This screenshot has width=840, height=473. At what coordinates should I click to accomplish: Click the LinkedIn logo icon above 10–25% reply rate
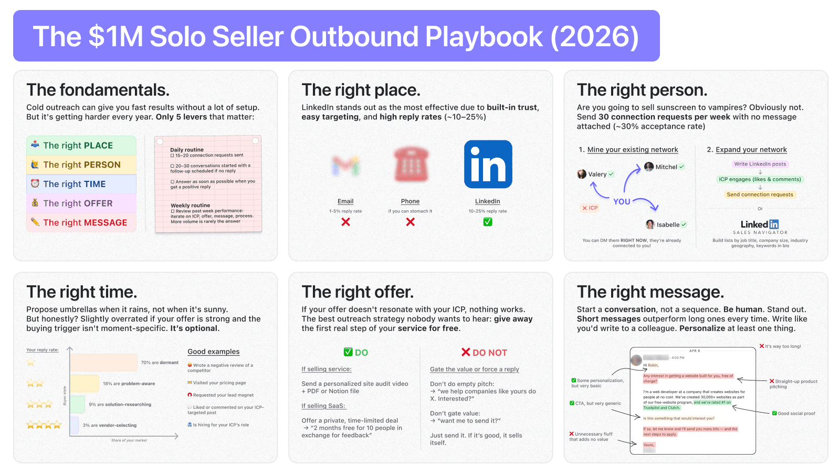tap(488, 164)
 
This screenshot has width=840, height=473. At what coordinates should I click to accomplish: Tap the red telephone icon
tap(411, 164)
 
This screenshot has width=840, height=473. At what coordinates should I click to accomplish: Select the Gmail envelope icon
tap(345, 166)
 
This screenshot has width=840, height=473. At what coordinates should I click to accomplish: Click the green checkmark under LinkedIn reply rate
tap(488, 222)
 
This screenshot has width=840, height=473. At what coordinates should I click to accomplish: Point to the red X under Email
tap(345, 222)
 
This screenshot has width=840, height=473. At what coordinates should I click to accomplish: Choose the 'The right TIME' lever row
tap(81, 184)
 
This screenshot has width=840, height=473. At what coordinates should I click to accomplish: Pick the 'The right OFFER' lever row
tap(81, 203)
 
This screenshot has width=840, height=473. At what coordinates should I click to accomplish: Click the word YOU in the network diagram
tap(622, 201)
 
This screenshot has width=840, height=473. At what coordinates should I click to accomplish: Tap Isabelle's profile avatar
tap(650, 224)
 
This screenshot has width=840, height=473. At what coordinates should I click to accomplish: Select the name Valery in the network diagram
tap(597, 174)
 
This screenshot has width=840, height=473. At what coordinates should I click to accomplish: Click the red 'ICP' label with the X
tap(590, 208)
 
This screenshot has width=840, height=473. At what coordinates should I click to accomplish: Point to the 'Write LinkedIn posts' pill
tap(760, 164)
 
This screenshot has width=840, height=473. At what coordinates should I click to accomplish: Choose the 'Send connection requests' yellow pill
tap(760, 194)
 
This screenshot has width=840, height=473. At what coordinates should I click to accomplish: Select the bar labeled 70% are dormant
tap(104, 363)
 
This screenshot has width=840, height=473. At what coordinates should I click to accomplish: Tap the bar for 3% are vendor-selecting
tap(75, 425)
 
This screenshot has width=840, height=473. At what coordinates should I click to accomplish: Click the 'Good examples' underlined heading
tap(213, 352)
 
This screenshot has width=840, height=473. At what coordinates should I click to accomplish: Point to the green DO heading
tap(356, 353)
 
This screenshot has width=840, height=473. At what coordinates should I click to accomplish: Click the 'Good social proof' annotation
tap(796, 414)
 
